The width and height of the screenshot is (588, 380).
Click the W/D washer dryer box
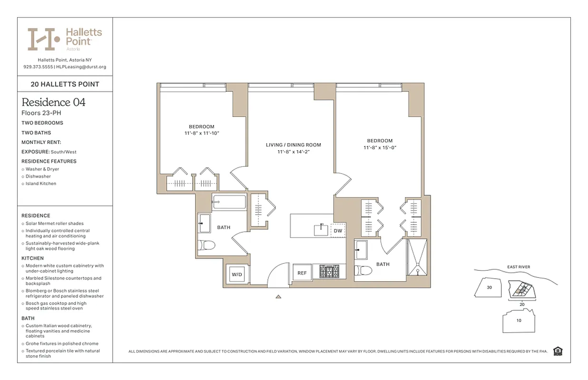click(x=236, y=275)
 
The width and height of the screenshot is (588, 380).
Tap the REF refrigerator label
click(x=302, y=273)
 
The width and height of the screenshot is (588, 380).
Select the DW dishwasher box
click(x=338, y=231)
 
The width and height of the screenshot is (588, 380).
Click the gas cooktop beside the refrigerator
click(x=329, y=272)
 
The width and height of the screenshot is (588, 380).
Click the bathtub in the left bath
click(x=229, y=202)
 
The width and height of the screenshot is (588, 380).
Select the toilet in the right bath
click(x=364, y=271)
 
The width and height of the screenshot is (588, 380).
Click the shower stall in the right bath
click(x=417, y=257)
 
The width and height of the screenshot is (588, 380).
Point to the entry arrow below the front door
click(x=278, y=297)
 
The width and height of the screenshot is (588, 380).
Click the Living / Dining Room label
click(x=293, y=145)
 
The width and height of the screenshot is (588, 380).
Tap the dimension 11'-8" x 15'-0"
click(x=380, y=148)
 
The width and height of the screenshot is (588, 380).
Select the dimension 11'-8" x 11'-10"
click(x=202, y=133)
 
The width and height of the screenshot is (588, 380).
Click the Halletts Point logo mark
click(x=43, y=39)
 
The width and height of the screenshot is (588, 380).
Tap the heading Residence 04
click(x=53, y=102)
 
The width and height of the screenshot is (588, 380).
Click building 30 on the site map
click(x=489, y=287)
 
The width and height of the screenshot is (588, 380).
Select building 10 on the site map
click(x=519, y=320)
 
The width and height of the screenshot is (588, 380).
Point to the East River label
click(x=518, y=267)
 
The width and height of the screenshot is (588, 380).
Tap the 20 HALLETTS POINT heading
click(x=65, y=84)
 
